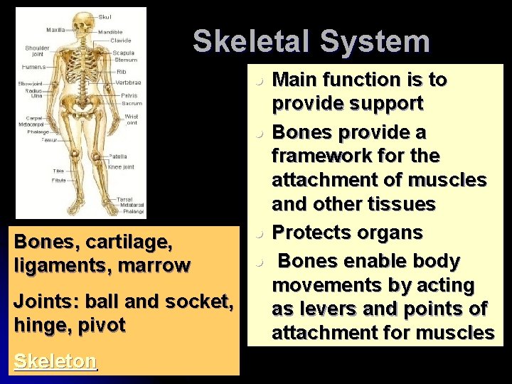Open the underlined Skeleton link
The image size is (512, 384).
(x=55, y=361)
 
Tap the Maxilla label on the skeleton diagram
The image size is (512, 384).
(x=55, y=30)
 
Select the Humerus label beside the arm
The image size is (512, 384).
(x=33, y=66)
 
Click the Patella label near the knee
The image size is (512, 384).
(x=117, y=156)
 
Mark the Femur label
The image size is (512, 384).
(x=49, y=140)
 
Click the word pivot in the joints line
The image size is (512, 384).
(x=102, y=325)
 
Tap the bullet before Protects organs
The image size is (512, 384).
(x=262, y=233)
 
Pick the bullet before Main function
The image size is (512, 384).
(x=262, y=80)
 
